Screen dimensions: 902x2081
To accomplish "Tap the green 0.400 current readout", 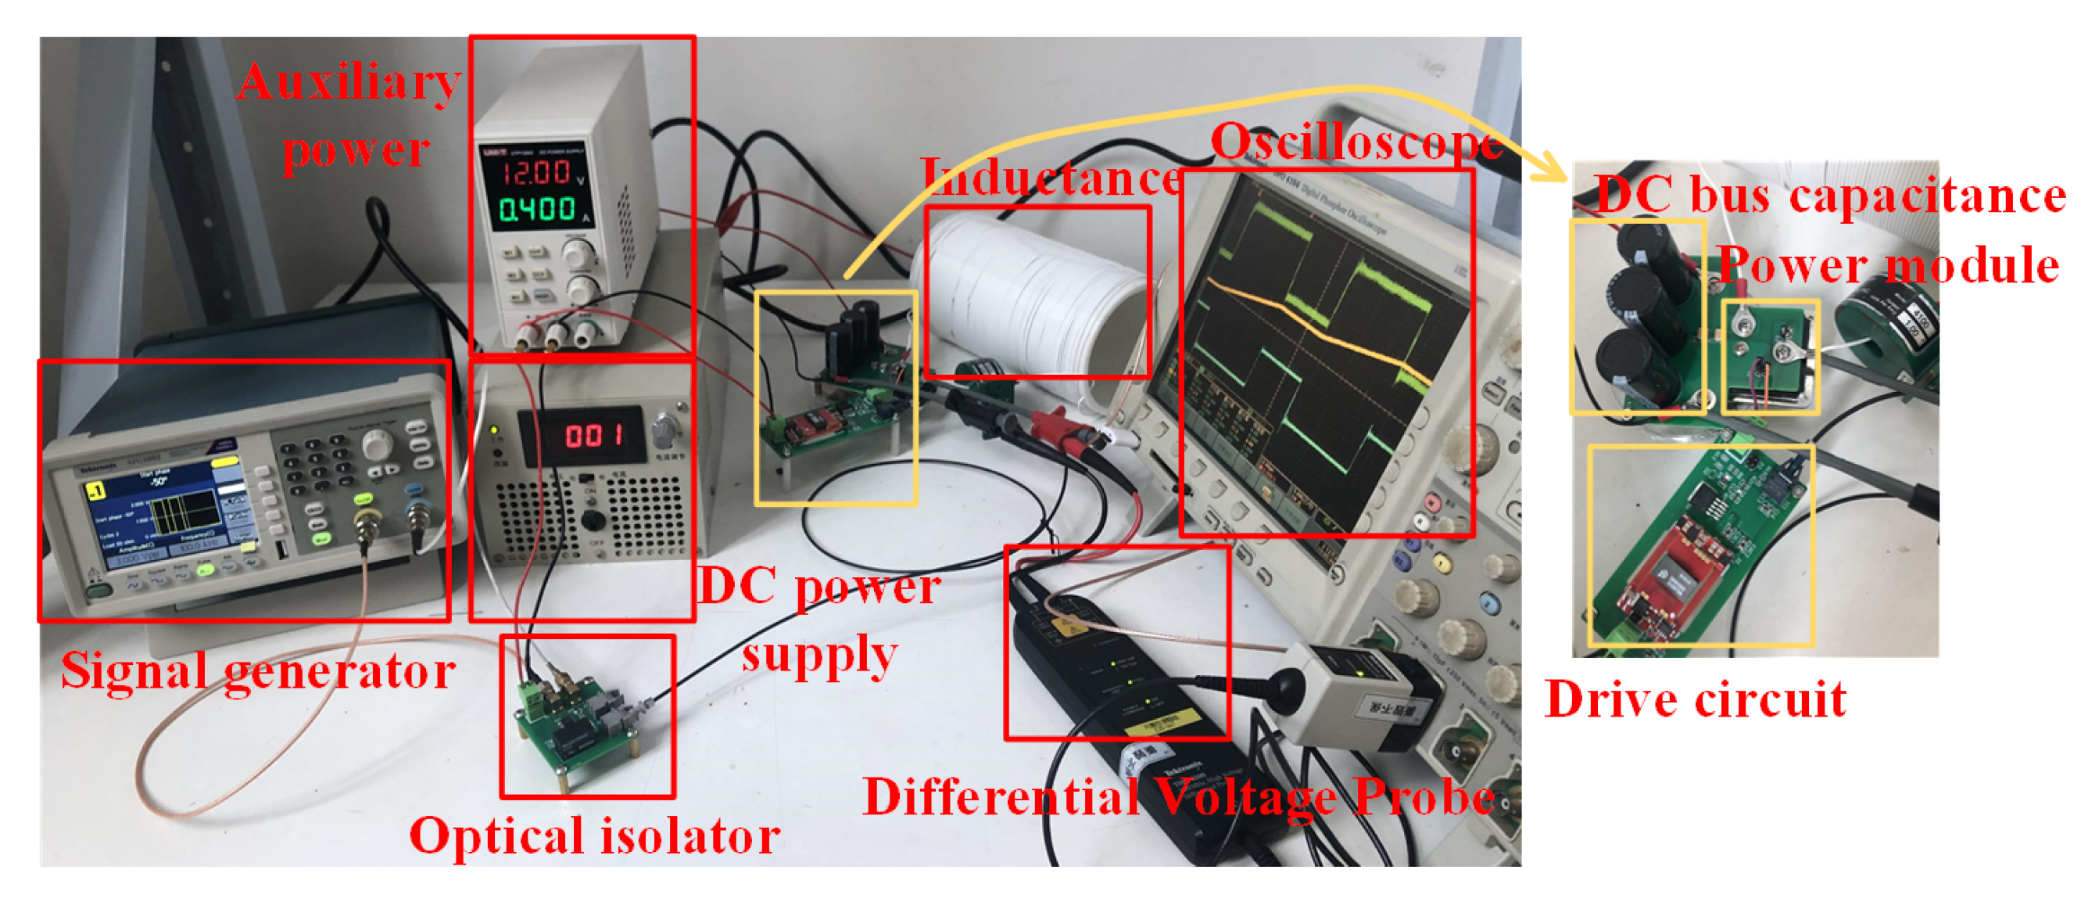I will [x=536, y=210].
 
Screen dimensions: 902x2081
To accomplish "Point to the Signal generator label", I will [x=258, y=671].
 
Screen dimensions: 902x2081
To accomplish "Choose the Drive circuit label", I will [x=1695, y=699].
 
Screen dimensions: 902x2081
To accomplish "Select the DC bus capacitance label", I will [x=1831, y=195].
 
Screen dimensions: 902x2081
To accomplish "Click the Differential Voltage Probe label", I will [x=1179, y=798].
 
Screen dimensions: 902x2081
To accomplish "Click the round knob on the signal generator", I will [x=378, y=444].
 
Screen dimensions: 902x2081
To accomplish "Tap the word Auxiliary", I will [x=349, y=81].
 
